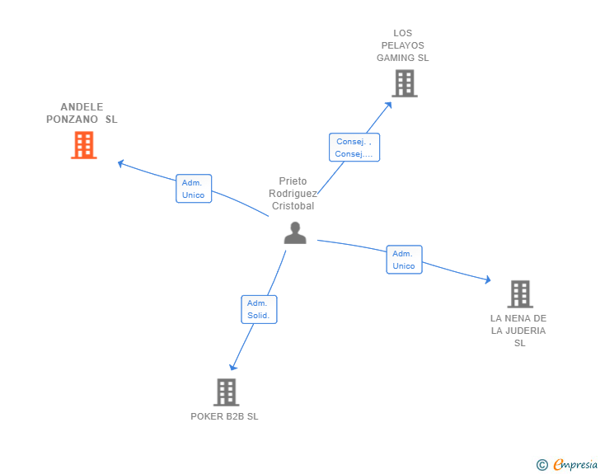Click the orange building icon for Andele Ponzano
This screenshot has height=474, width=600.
tap(84, 145)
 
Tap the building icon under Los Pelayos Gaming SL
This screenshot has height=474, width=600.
tap(405, 83)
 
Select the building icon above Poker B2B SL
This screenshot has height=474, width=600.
tap(226, 392)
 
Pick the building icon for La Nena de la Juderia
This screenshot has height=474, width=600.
tap(520, 294)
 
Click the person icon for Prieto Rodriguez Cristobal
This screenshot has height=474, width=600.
tap(295, 232)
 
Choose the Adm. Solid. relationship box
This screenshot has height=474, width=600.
tap(259, 309)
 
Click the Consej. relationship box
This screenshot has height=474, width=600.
tap(354, 148)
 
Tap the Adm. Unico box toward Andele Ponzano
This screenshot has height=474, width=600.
tap(194, 189)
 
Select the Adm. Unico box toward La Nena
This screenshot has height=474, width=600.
tap(404, 260)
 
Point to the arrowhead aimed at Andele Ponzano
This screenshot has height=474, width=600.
tap(120, 163)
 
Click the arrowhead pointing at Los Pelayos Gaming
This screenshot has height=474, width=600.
tap(389, 105)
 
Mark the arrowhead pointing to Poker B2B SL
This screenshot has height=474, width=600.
tap(232, 367)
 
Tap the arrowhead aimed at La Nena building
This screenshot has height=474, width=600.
tap(488, 279)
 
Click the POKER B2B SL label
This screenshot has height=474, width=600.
tap(224, 416)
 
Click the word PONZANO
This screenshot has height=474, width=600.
tap(72, 120)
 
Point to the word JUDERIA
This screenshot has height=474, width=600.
tap(525, 331)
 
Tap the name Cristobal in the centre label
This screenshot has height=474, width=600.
tap(293, 206)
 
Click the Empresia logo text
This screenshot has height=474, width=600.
tap(575, 464)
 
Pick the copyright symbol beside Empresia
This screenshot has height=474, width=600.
tap(542, 465)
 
